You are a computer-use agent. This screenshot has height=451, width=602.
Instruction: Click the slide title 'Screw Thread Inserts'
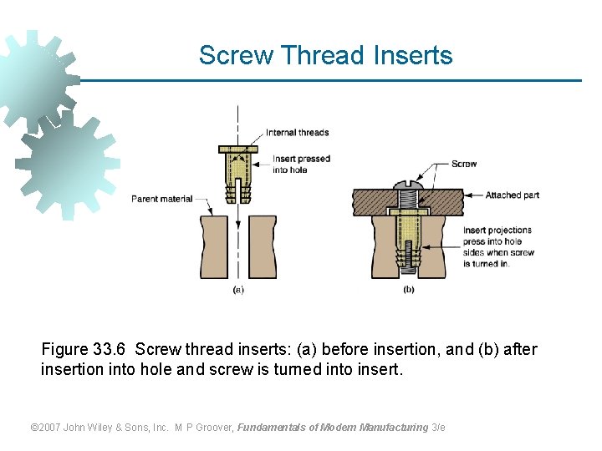point(325,56)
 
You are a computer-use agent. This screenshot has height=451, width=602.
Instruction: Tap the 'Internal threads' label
point(297,133)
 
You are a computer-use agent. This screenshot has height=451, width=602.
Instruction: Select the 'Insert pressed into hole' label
point(301,164)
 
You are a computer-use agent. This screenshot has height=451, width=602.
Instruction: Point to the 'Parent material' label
point(161,199)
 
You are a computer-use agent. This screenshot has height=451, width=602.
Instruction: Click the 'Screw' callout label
point(464,164)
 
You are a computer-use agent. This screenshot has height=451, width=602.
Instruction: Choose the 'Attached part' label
point(512,195)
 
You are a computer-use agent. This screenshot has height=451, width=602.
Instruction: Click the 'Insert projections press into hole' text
point(497,236)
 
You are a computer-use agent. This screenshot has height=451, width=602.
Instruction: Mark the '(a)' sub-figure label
point(238,290)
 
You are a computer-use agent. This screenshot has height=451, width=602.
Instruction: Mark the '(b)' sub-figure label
point(408,290)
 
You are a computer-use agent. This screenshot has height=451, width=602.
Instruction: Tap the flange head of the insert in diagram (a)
point(238,149)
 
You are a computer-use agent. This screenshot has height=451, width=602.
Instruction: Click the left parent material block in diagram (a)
point(212,247)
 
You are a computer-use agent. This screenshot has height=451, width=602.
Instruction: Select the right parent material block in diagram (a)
point(263,247)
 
